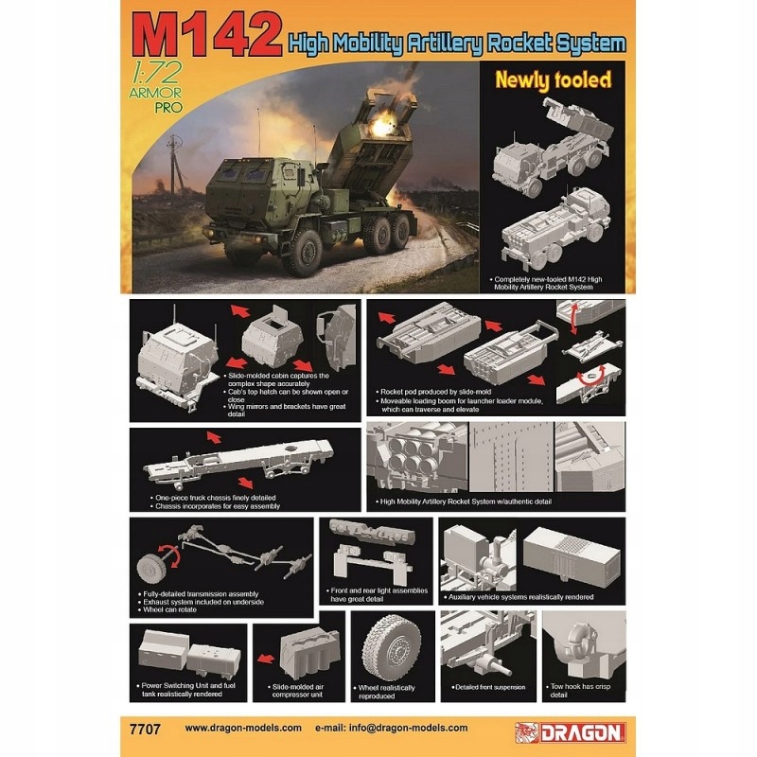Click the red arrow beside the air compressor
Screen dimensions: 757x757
click(268, 654)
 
